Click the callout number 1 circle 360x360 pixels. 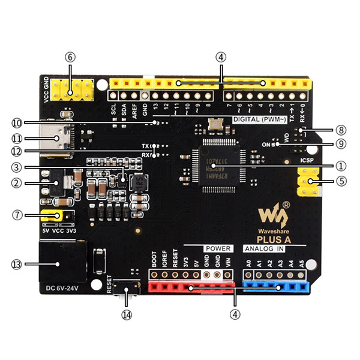coord(341,164)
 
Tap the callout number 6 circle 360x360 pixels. coord(71,57)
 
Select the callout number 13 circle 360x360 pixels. coord(16,264)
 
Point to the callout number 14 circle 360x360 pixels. coord(126,314)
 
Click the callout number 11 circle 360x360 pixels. coord(16,137)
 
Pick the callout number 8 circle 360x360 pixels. coord(341,129)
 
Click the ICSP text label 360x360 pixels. coord(307,161)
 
